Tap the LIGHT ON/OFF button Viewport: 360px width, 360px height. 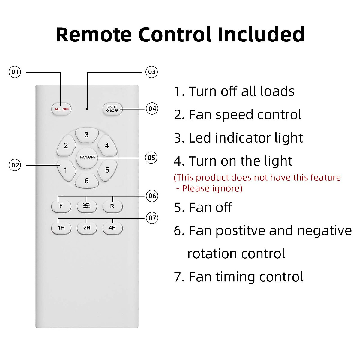[x=112, y=109]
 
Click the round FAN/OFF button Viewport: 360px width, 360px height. [x=87, y=157]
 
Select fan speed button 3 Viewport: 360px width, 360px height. [x=87, y=135]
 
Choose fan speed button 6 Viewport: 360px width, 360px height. [x=87, y=181]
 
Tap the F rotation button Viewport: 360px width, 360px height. [x=61, y=206]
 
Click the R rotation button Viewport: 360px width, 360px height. [x=112, y=206]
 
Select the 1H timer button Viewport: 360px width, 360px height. [x=61, y=228]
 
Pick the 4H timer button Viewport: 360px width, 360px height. [x=112, y=228]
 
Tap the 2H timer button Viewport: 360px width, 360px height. [x=87, y=228]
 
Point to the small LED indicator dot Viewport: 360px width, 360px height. [x=87, y=109]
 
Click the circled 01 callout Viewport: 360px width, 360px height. [x=15, y=72]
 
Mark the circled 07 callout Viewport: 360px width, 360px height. [x=152, y=218]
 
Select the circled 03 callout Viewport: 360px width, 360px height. [x=152, y=72]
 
